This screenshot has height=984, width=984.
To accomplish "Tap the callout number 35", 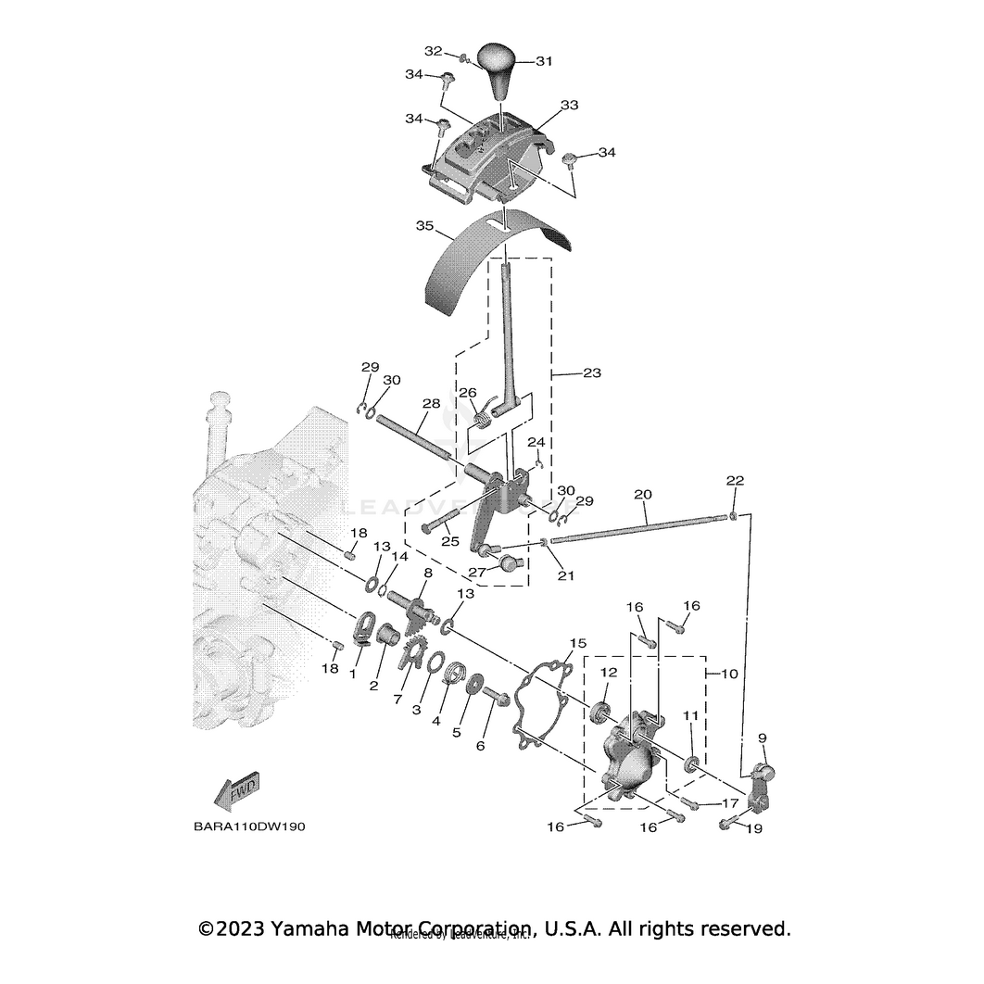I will click(x=425, y=224).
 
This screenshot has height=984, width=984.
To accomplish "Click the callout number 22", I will click(x=735, y=480).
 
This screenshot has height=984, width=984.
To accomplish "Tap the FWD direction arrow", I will click(x=237, y=789).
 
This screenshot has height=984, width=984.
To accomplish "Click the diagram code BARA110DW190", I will click(x=236, y=826).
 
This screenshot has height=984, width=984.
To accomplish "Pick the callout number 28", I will click(x=430, y=404).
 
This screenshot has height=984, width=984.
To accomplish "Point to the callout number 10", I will click(x=729, y=674).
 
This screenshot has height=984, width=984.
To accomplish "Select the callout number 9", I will click(x=763, y=738).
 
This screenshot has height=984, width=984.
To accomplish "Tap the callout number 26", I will click(x=468, y=392).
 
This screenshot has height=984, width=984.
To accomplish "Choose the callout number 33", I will click(x=568, y=106).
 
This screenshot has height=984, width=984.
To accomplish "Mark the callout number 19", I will click(x=753, y=828).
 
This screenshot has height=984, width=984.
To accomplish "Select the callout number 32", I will click(x=434, y=50).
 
